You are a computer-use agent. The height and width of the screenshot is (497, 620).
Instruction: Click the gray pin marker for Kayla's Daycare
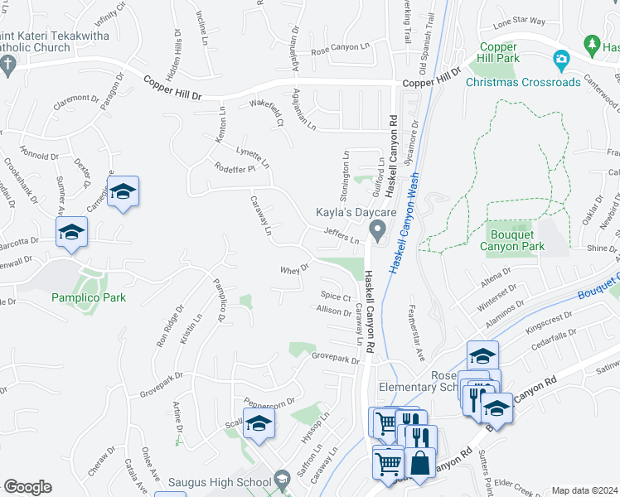pos(378,231)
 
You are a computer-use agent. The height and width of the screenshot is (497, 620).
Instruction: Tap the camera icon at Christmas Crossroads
pos(561,60)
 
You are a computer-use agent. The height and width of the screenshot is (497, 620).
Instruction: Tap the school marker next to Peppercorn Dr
pos(259,423)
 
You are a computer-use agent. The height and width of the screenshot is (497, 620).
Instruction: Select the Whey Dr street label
pos(294,269)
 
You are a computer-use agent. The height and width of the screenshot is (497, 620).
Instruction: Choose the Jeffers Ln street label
pos(341,237)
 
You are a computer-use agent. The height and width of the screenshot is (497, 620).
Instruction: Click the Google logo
pos(27,487)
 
